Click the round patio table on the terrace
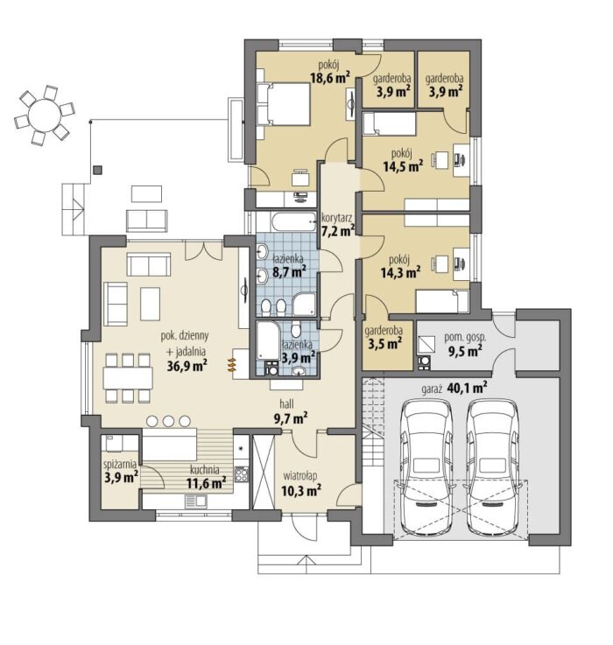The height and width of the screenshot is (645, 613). (45, 115)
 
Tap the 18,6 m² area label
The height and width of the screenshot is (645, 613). (330, 77)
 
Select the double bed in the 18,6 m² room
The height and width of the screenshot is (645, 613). (283, 104)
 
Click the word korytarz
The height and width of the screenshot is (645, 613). (336, 217)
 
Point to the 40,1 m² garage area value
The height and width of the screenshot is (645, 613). (467, 388)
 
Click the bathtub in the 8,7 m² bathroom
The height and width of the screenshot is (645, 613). (293, 222)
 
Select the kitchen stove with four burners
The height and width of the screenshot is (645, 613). (241, 474)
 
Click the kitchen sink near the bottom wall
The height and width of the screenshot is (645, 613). (196, 501)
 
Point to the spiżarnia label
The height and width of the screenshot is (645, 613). (120, 465)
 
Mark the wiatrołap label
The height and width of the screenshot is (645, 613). (300, 476)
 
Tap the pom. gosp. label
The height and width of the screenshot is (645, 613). (465, 338)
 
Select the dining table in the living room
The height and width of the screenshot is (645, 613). (128, 377)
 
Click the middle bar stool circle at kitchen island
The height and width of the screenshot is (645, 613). (168, 421)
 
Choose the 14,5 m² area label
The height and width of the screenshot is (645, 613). (403, 166)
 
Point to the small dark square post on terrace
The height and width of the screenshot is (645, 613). (97, 171)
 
